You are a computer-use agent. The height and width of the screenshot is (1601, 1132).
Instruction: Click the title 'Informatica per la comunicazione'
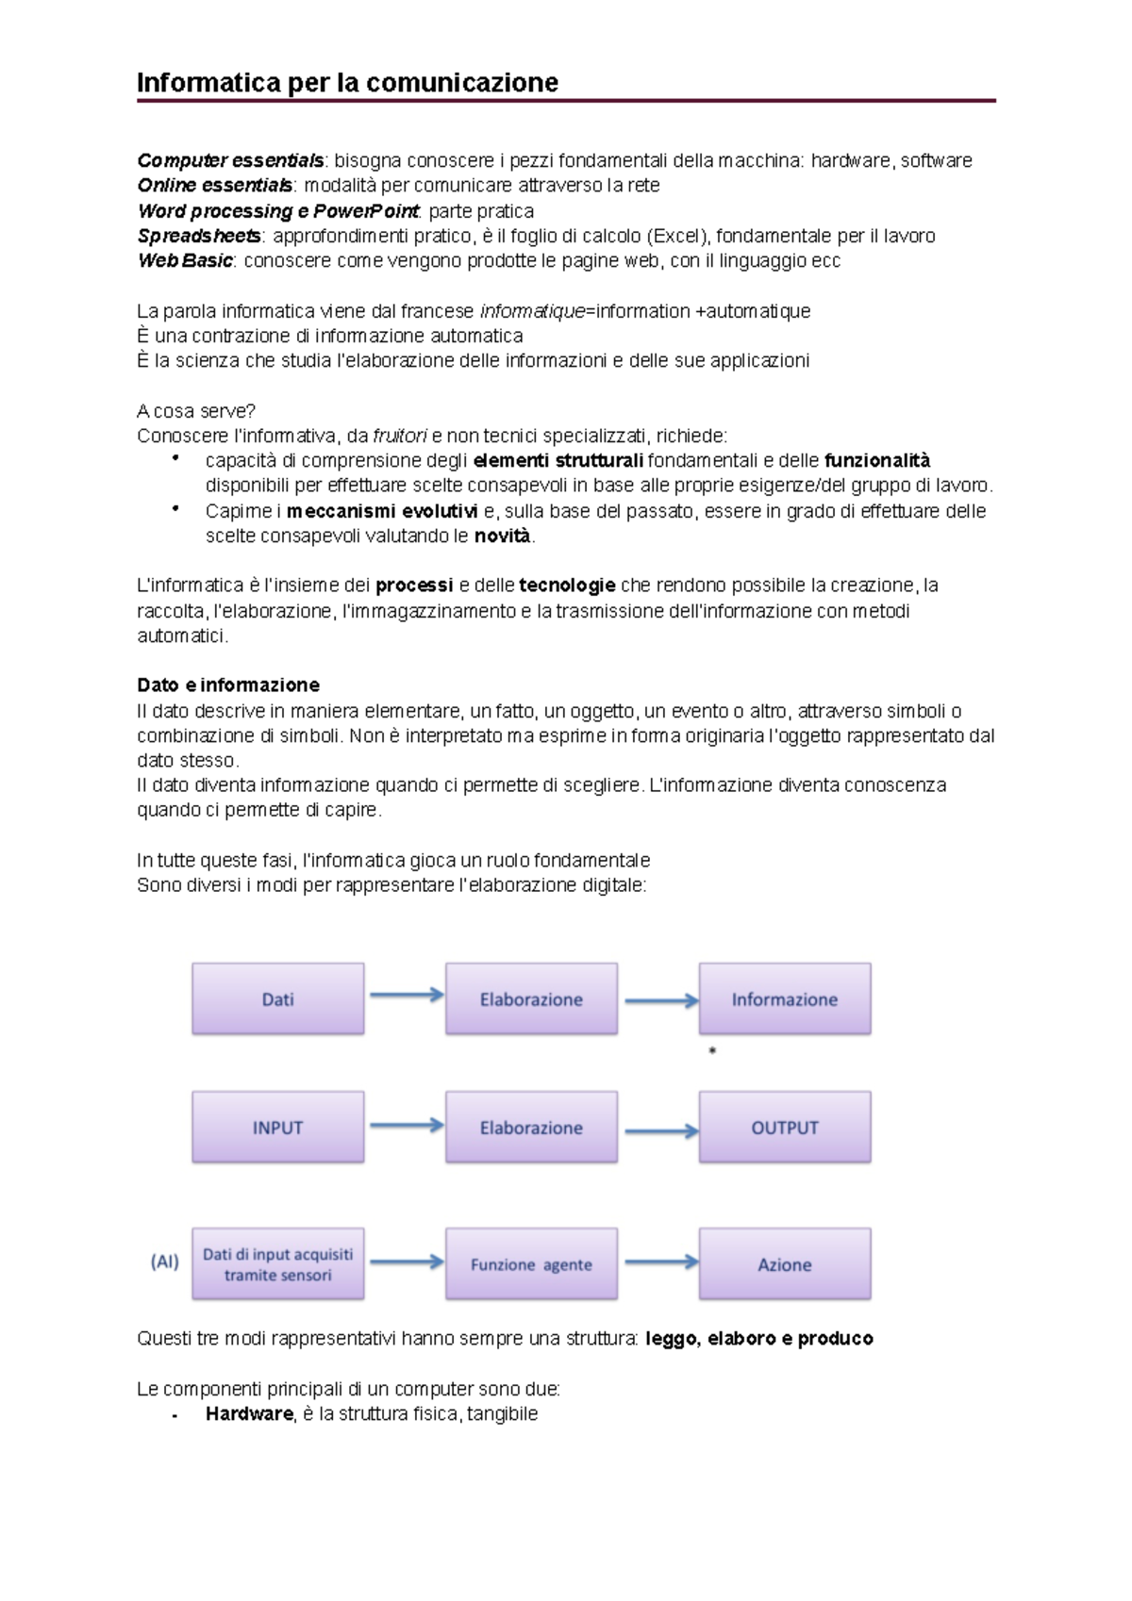pyautogui.click(x=347, y=83)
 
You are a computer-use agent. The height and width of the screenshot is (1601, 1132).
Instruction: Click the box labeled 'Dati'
pyautogui.click(x=277, y=999)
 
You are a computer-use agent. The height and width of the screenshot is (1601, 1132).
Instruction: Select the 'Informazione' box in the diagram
pyautogui.click(x=784, y=999)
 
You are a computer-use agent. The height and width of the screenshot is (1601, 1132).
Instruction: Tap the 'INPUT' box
pyautogui.click(x=277, y=1128)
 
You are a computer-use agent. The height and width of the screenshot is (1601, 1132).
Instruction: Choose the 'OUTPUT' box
pyautogui.click(x=784, y=1128)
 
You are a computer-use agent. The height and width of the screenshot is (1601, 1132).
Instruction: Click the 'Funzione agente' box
pyautogui.click(x=531, y=1264)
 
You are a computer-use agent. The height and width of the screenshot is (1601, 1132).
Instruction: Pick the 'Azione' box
pyautogui.click(x=784, y=1264)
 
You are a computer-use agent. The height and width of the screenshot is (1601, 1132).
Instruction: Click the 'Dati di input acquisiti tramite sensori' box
pyautogui.click(x=277, y=1264)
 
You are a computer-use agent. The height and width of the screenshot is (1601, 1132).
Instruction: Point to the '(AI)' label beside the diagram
pyautogui.click(x=164, y=1262)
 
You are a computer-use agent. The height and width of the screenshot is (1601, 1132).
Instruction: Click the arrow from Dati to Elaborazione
pyautogui.click(x=406, y=995)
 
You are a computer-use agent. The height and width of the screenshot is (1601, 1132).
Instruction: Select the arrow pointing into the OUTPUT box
pyautogui.click(x=660, y=1131)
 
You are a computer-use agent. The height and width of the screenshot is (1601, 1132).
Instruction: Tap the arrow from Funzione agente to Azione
pyautogui.click(x=660, y=1262)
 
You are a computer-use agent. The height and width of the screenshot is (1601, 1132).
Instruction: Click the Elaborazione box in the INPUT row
pyautogui.click(x=531, y=1128)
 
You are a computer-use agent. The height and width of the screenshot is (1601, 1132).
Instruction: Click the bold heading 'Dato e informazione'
pyautogui.click(x=228, y=685)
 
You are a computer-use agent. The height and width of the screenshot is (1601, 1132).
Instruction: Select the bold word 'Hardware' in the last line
pyautogui.click(x=249, y=1413)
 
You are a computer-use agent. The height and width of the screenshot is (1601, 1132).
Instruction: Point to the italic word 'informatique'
pyautogui.click(x=531, y=311)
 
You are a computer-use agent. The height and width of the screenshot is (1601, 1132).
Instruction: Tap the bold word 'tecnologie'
pyautogui.click(x=567, y=586)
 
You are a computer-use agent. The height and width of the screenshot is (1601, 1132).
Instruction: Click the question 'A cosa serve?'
pyautogui.click(x=196, y=411)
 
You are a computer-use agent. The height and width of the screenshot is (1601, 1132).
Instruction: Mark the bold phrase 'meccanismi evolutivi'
pyautogui.click(x=382, y=511)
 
